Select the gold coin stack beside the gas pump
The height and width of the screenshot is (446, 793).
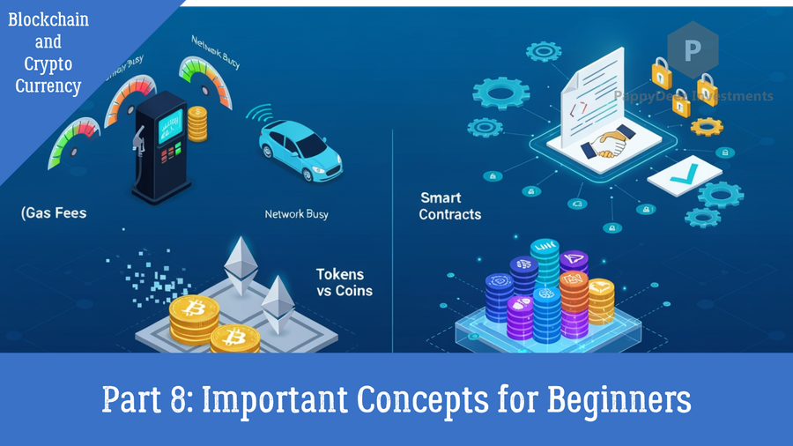point(197,123)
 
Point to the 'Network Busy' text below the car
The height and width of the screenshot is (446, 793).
point(297,214)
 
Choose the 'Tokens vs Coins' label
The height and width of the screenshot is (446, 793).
point(345,282)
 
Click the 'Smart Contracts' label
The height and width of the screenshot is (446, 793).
point(449,206)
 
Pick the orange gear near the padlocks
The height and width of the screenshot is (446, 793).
point(708,126)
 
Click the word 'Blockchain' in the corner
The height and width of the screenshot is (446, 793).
point(48,19)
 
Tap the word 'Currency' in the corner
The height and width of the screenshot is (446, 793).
point(48,86)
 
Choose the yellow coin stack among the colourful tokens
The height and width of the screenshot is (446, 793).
point(602,301)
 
